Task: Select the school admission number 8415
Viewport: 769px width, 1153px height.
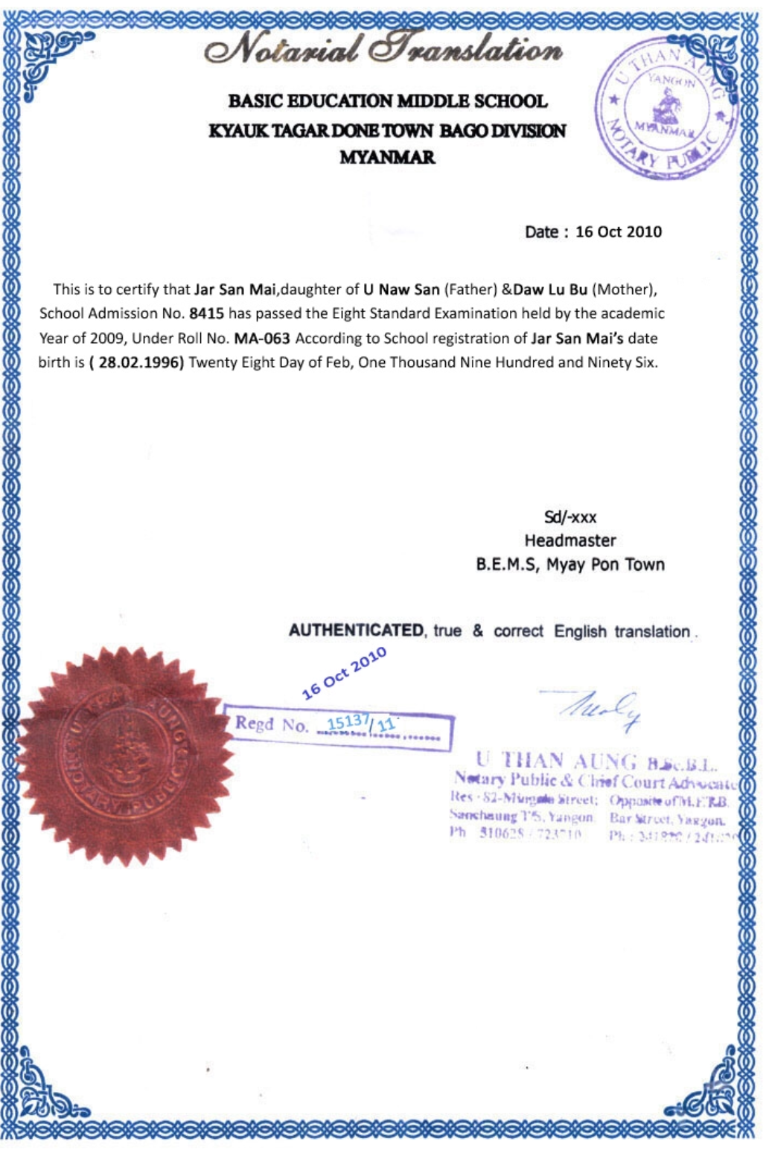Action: point(206,313)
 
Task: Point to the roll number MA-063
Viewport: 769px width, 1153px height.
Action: point(261,338)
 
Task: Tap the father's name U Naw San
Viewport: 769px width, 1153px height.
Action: point(401,289)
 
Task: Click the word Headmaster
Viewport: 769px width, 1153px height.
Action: point(570,540)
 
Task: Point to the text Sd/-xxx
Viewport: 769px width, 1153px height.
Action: point(570,517)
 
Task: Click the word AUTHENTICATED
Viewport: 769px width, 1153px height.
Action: point(355,630)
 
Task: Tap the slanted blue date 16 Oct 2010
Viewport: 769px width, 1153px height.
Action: point(344,672)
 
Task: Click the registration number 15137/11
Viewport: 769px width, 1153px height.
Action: point(360,722)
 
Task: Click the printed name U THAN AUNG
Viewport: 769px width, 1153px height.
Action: point(557,760)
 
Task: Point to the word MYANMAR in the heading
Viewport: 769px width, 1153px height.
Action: point(387,157)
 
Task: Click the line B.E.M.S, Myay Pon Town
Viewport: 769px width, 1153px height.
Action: point(570,564)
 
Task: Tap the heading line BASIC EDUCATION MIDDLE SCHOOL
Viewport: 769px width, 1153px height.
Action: point(387,100)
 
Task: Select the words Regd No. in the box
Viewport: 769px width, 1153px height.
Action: point(271,724)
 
